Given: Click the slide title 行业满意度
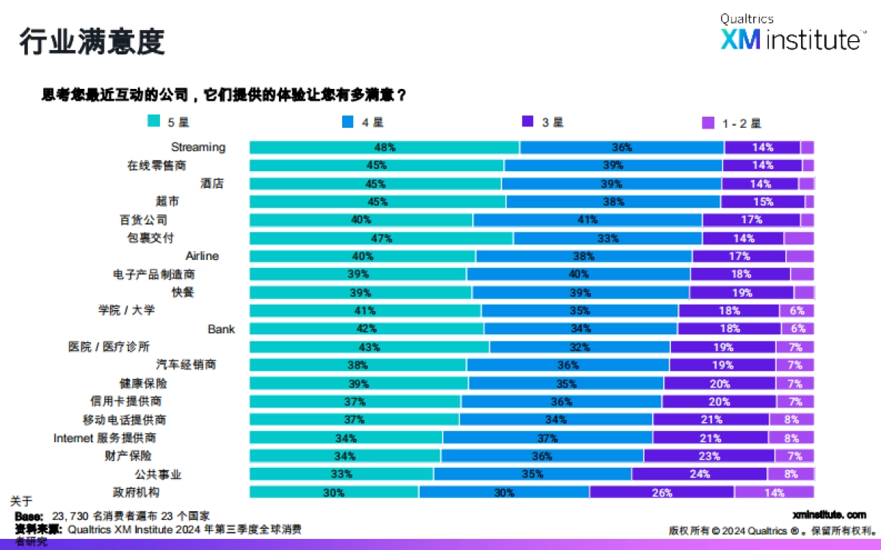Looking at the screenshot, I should click(x=92, y=42).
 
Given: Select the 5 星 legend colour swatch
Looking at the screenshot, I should click(x=153, y=122).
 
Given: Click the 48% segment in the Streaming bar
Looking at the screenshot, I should click(x=384, y=148).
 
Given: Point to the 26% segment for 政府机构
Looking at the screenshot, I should click(x=661, y=493).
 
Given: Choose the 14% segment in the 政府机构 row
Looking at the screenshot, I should click(x=774, y=493).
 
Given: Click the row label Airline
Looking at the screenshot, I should click(x=202, y=256).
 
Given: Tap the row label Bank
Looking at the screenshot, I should click(x=221, y=329).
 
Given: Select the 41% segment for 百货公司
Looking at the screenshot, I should click(x=587, y=220).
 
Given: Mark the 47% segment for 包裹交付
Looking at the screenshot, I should click(x=381, y=238).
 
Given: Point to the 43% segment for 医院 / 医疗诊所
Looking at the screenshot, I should click(x=369, y=347).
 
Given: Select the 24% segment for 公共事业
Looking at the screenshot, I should click(x=699, y=474).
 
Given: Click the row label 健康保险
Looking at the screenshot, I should click(x=143, y=383).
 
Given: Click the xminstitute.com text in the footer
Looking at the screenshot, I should click(x=830, y=515).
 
